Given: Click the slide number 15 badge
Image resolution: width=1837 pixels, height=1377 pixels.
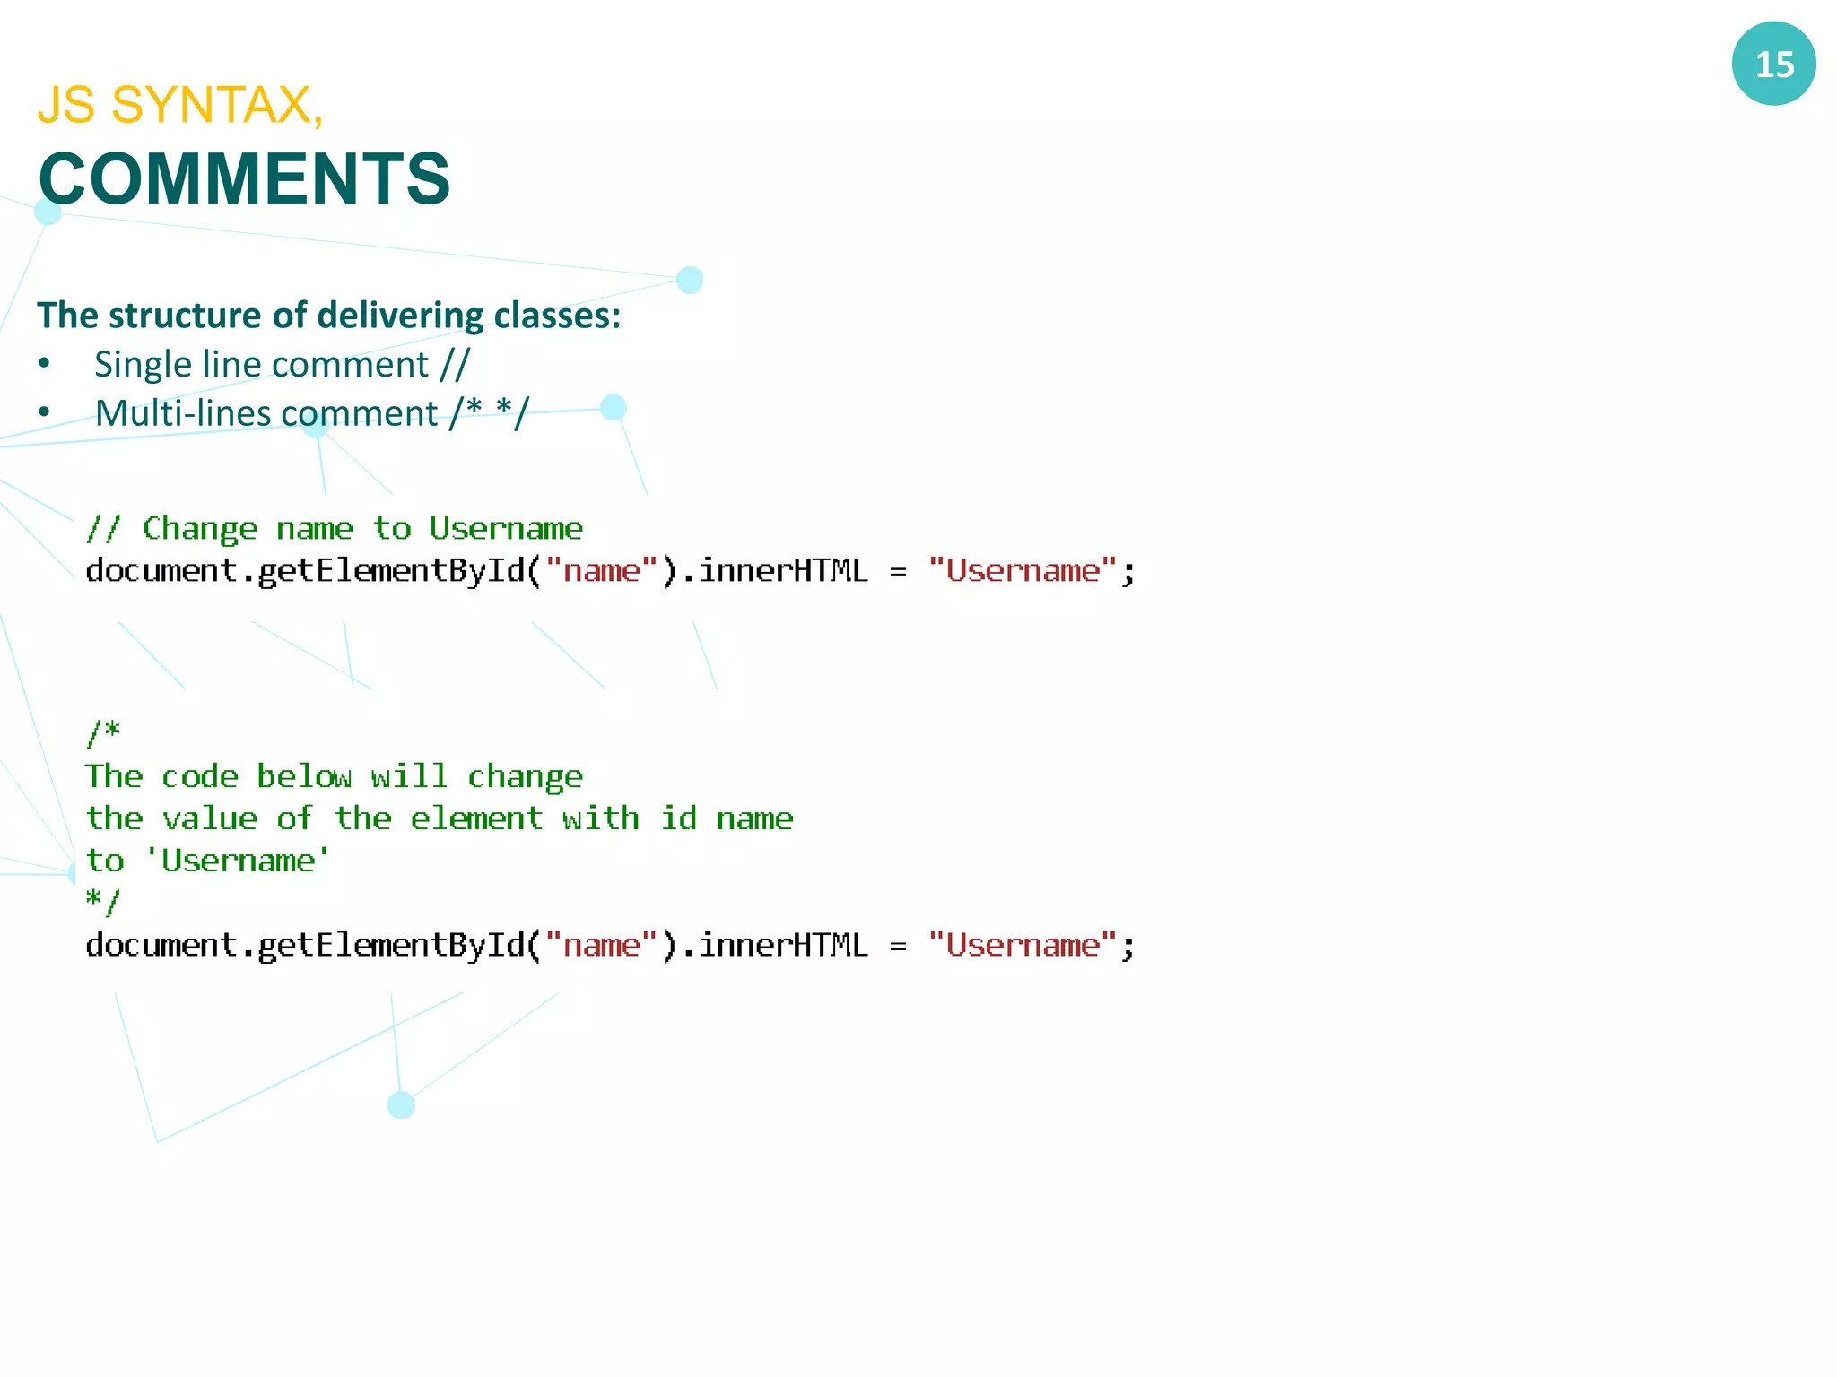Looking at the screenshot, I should click(1773, 64).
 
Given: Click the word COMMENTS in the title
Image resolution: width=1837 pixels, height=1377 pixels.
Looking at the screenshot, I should click(244, 179).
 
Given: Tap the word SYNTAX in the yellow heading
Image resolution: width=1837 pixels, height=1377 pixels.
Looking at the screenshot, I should click(211, 105).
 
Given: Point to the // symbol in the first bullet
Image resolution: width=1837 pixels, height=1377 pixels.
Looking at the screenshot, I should click(455, 365).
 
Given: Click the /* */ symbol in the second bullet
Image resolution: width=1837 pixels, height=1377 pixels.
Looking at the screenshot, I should click(490, 413).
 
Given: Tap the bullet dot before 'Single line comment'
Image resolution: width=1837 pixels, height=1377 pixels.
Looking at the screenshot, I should click(44, 364).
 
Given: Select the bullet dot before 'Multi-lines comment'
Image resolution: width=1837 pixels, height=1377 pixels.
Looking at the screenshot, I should click(44, 413).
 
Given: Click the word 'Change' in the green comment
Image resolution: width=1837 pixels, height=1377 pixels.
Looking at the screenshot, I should click(200, 529).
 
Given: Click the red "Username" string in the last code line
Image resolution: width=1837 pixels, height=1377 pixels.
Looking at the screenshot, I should click(1023, 946).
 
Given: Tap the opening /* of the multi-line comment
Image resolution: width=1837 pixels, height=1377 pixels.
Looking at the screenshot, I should click(103, 732).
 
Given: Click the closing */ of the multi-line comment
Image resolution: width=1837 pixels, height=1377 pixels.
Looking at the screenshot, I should click(102, 901).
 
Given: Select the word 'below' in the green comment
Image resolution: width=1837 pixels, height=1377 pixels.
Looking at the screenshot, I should click(304, 776).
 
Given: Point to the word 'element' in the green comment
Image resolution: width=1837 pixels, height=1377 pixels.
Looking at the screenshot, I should click(476, 818).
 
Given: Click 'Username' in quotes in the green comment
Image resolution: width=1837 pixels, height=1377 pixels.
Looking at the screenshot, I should click(238, 861).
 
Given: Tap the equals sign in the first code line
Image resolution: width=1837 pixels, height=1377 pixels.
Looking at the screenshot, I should click(898, 572).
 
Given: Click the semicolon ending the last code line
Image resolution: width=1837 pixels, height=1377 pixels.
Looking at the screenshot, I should click(1128, 947).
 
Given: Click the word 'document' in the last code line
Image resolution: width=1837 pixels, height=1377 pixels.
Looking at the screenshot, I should click(161, 946).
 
